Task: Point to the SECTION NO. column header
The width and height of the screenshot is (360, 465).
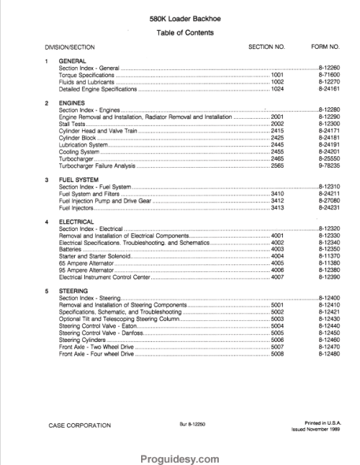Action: click(x=266, y=47)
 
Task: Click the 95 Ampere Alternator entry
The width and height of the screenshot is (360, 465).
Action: click(x=86, y=269)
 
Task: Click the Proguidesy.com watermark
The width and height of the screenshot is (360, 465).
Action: click(x=179, y=457)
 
